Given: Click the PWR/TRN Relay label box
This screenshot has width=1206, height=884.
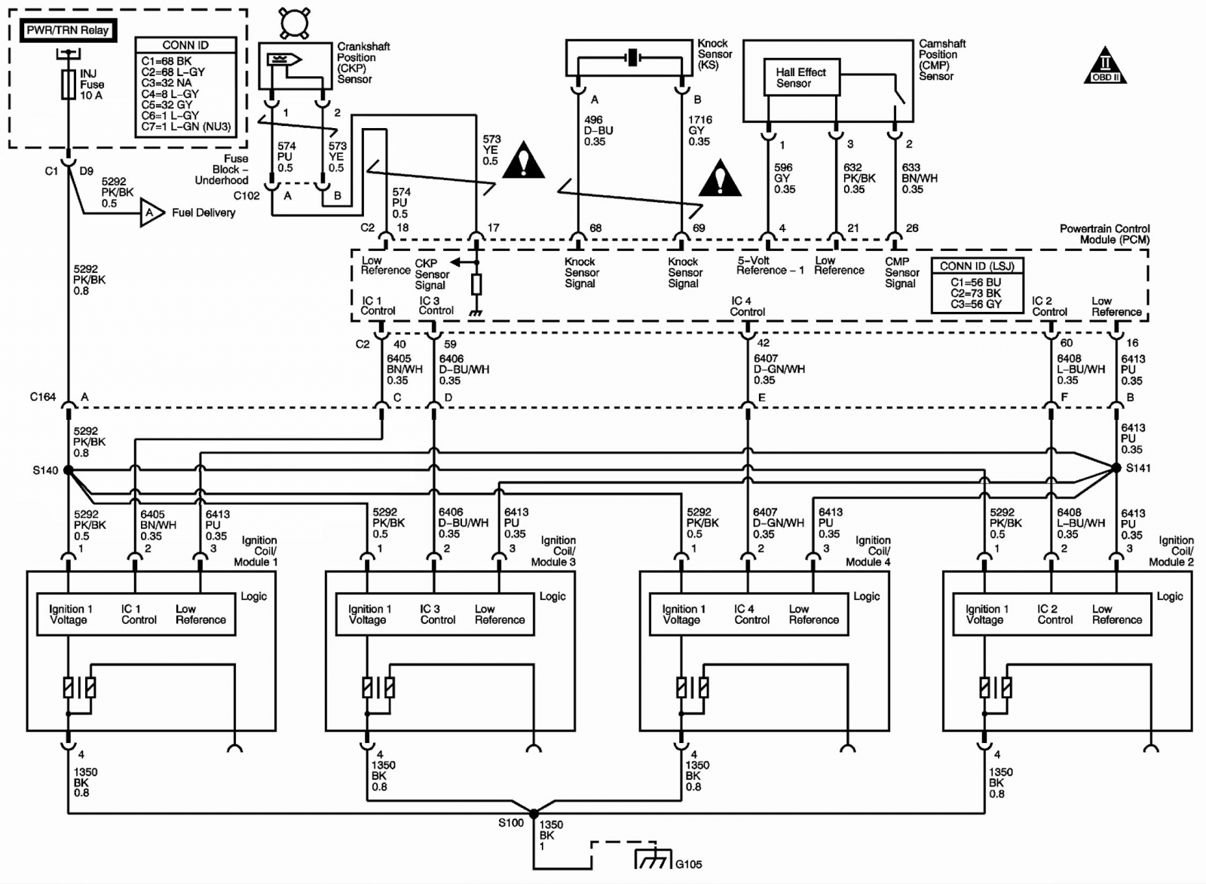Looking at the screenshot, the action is [x=68, y=30].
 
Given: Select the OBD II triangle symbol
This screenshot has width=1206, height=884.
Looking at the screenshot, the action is [x=1105, y=67].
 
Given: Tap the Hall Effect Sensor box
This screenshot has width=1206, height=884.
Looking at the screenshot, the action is [x=802, y=78].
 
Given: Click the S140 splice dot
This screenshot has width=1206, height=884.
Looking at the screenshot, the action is [x=69, y=470].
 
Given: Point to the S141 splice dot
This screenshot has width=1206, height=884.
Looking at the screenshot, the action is [x=1116, y=468].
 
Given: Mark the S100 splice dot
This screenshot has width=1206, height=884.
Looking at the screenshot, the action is [x=534, y=813].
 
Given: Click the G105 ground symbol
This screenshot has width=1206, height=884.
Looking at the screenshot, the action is [x=653, y=858].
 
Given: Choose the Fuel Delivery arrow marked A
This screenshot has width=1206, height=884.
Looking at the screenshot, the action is [x=152, y=213].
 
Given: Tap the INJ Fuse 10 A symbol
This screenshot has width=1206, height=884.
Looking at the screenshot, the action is [x=69, y=84].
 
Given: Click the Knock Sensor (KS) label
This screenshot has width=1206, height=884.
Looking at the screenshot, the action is [x=715, y=54].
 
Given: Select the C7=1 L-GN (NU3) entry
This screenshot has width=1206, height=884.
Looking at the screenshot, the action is [x=185, y=127].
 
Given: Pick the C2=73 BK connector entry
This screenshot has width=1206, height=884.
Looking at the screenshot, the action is [x=975, y=293].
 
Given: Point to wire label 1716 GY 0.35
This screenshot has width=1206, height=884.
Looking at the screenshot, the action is [x=700, y=130].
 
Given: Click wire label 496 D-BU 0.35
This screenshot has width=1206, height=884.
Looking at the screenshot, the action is [x=598, y=130].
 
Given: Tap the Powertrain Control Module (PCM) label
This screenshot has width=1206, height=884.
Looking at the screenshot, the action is [x=1105, y=234].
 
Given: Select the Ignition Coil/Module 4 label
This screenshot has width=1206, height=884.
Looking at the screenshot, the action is [x=868, y=551].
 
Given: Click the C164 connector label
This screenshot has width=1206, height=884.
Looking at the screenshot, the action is [x=42, y=396].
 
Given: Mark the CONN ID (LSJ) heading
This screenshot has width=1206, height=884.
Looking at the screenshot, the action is [x=977, y=266].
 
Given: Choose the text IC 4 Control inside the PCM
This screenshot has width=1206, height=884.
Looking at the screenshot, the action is [x=747, y=306].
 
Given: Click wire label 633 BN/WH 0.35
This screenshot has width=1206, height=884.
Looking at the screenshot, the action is [x=920, y=178].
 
